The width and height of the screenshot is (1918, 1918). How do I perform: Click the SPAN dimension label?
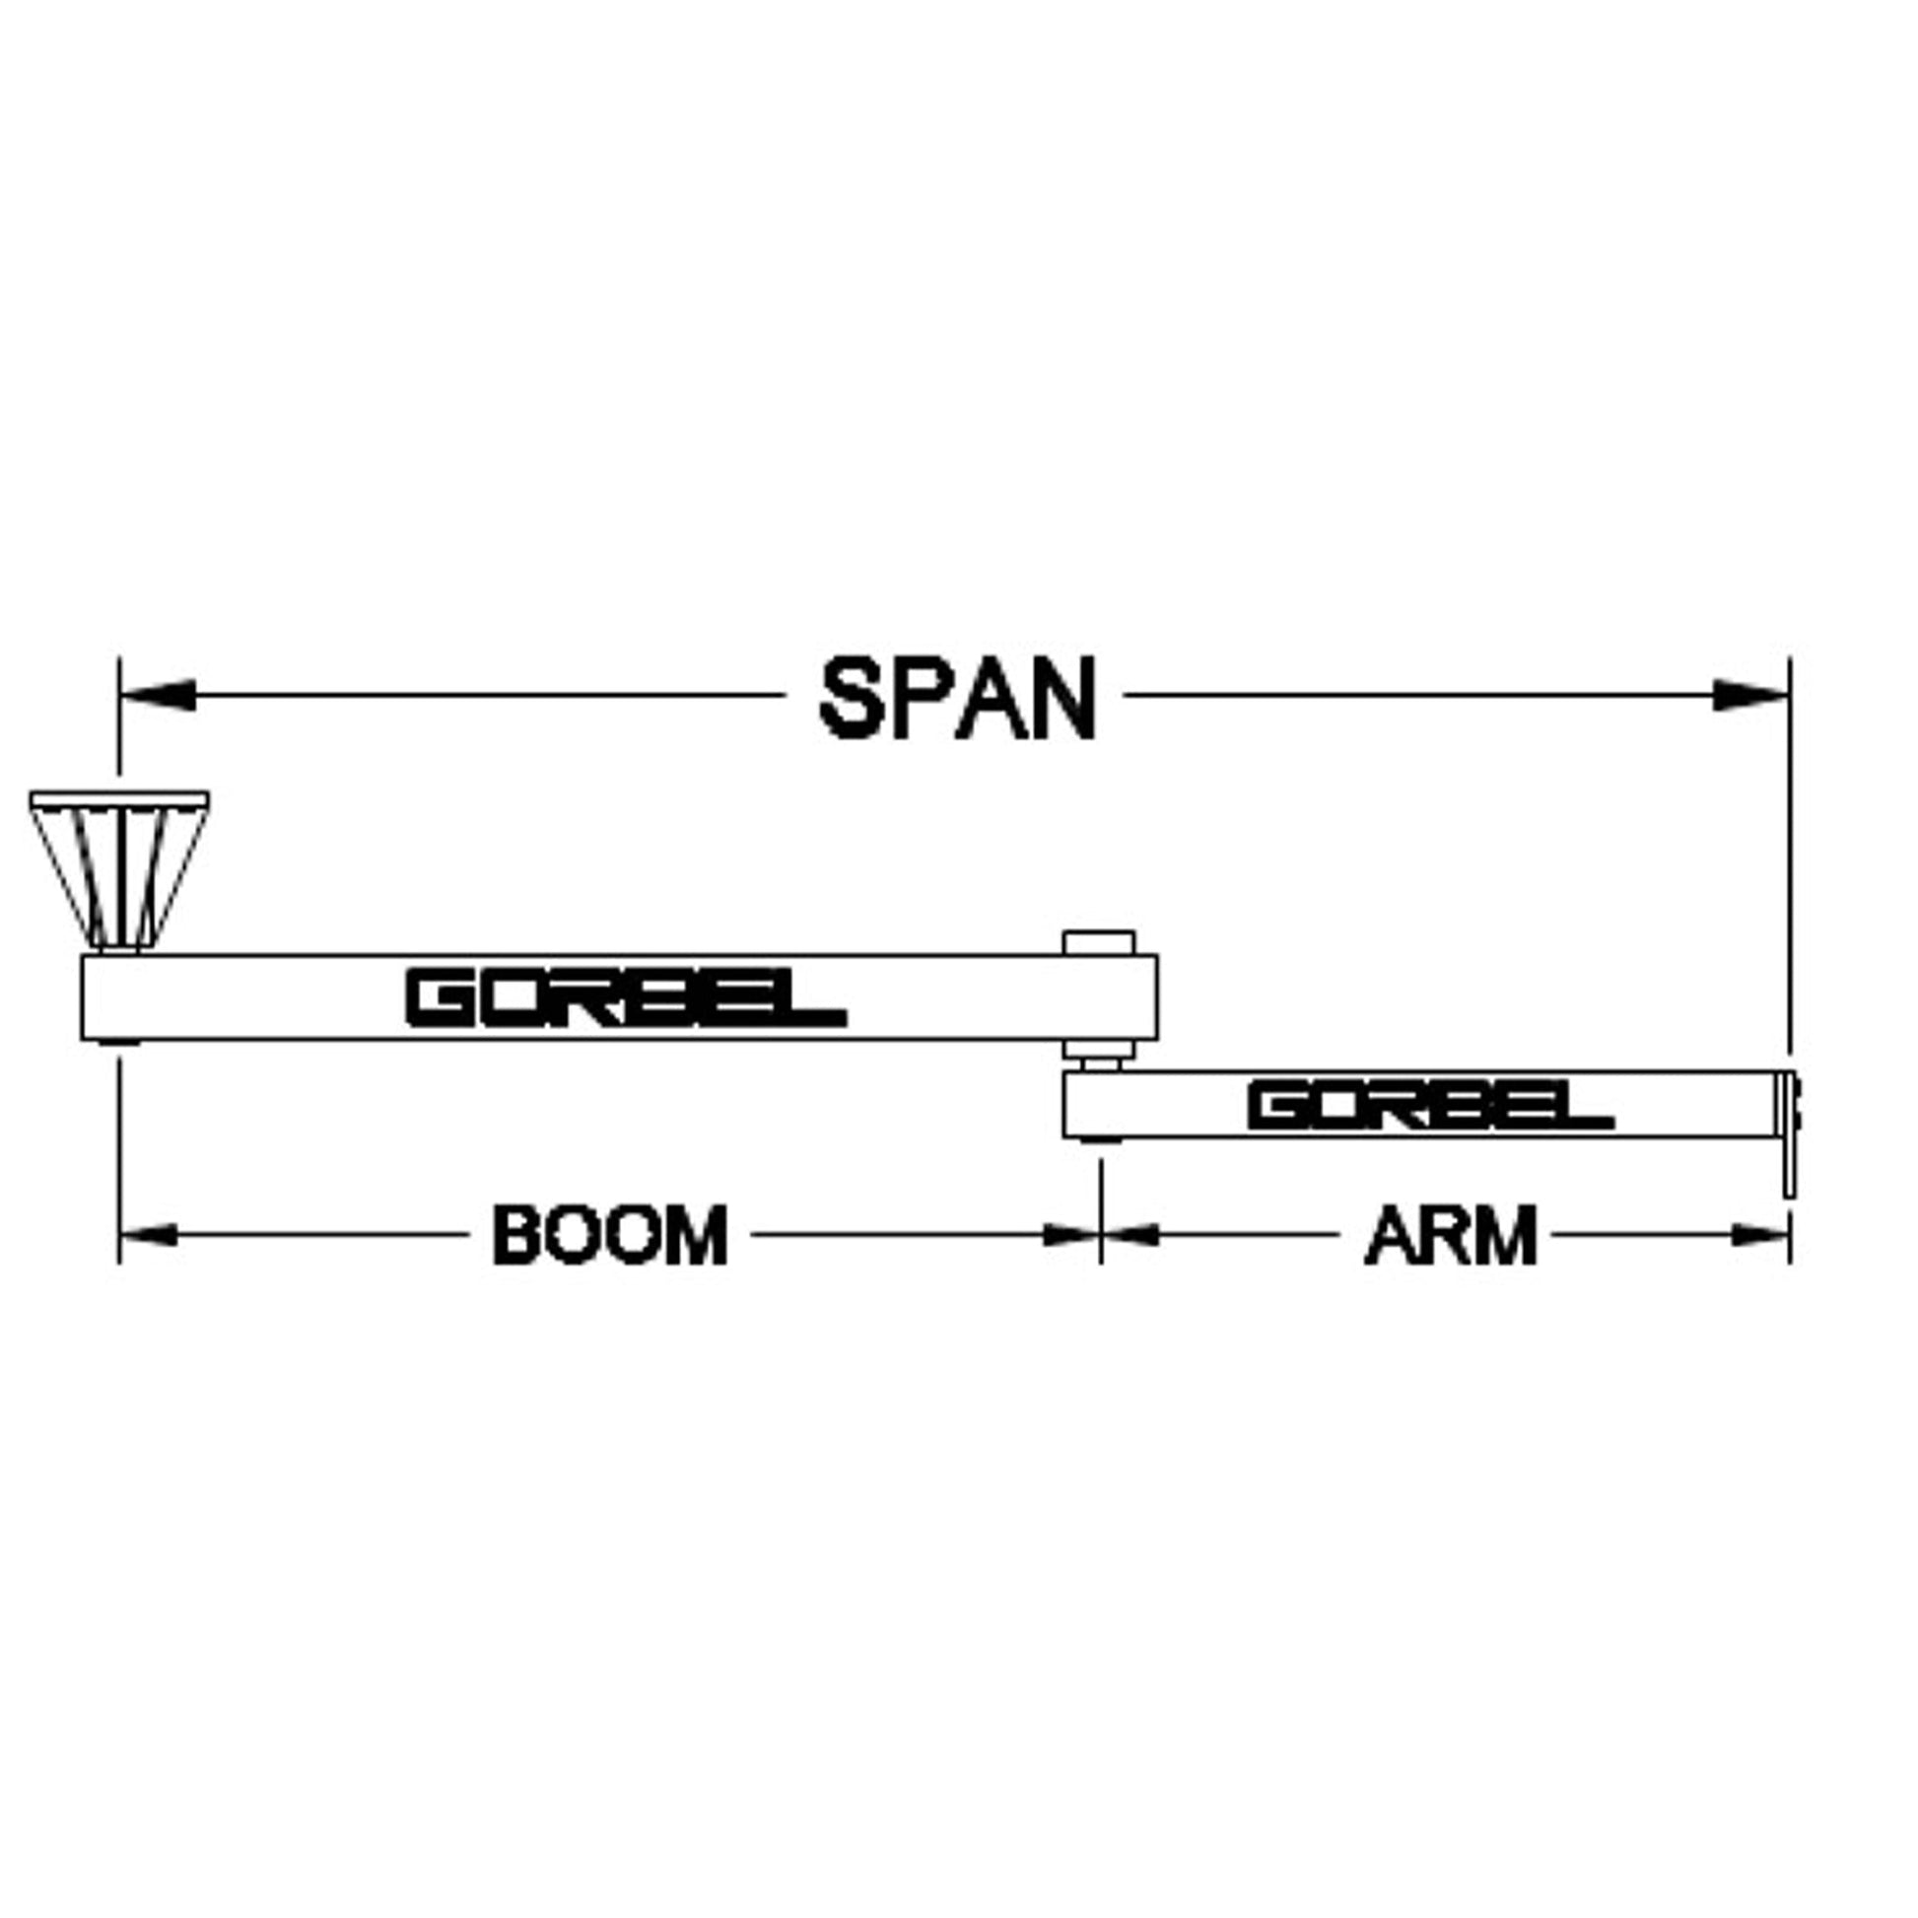point(957,699)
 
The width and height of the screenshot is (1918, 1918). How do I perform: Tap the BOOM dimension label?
point(609,1235)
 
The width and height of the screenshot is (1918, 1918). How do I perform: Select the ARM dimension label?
point(1451,1235)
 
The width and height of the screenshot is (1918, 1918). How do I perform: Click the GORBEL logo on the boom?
point(626,998)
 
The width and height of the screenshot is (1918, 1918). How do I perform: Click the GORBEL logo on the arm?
point(1429,1107)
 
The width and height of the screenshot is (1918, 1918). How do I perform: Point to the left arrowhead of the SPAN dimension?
point(157,695)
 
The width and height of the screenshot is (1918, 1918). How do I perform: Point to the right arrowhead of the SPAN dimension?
point(1751,695)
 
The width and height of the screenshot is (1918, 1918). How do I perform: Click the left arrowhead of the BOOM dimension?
point(149,1235)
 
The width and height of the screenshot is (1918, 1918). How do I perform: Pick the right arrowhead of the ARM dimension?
point(1761,1235)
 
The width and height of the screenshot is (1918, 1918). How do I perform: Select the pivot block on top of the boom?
point(1098,942)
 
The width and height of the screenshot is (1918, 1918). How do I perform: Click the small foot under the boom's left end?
point(119,1043)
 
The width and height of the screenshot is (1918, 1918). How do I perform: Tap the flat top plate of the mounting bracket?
point(119,799)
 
